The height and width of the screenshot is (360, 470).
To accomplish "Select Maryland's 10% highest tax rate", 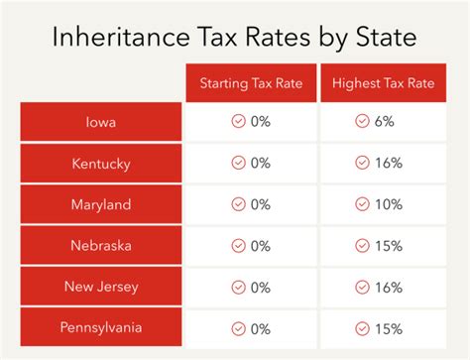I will [389, 204].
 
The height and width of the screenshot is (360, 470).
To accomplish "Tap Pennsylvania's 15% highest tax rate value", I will [389, 328].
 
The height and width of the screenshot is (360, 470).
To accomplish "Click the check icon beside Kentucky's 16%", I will [361, 164].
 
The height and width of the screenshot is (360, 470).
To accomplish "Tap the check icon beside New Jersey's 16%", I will [361, 287].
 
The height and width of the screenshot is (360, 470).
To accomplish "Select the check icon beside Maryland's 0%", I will [237, 204].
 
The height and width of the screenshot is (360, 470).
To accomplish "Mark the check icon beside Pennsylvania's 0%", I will [237, 328].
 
